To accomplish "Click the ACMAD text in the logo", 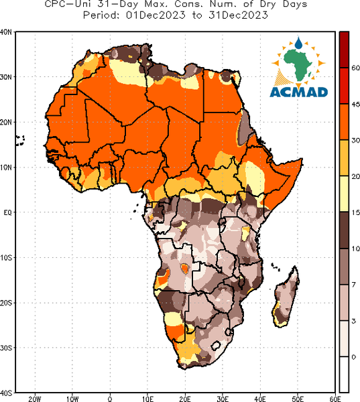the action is click(299, 92).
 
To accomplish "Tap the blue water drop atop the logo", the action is click(298, 43).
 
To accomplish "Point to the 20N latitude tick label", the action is click(6, 123).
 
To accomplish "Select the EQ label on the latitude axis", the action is click(7, 212).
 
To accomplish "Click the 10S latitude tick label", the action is click(6, 258).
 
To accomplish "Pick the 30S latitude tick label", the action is click(6, 348).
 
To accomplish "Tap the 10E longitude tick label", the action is click(147, 399).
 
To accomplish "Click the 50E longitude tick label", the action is click(298, 399).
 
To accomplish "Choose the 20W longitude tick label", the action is click(35, 399).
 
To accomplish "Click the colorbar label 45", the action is click(355, 105).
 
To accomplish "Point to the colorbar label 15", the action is click(355, 212).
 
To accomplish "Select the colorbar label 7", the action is click(354, 285).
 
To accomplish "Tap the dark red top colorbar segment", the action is click(344, 50).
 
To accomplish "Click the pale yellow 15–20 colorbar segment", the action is click(344, 194).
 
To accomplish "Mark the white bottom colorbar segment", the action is click(344, 375).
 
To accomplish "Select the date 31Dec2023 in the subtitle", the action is click(239, 15).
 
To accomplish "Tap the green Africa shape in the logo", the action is click(298, 63).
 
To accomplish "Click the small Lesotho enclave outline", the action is click(216, 346).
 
